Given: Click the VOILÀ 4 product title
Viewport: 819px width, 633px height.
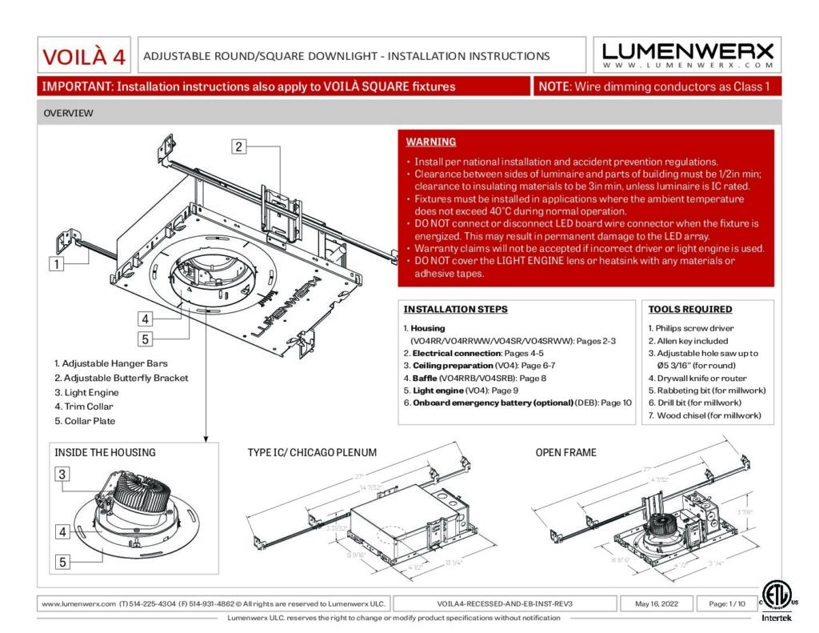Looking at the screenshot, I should [84, 57].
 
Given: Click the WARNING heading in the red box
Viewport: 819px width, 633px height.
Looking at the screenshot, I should [431, 142].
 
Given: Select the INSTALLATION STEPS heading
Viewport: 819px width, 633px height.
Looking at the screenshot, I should [455, 309].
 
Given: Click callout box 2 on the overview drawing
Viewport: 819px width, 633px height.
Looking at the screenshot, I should [238, 146].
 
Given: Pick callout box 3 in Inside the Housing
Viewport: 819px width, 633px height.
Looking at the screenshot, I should [62, 474].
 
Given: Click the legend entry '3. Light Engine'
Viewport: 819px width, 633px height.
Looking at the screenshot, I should [86, 392].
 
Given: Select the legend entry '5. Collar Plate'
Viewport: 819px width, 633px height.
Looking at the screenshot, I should [86, 421].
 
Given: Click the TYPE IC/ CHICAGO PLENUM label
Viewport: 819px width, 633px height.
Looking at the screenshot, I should [312, 452].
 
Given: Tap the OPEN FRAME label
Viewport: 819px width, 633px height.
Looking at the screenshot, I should [565, 452].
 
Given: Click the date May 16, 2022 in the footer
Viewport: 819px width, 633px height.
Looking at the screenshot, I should [656, 603].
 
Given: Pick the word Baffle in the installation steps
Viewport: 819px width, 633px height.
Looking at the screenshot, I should [425, 378].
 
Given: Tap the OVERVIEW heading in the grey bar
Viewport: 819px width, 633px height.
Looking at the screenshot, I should [68, 114].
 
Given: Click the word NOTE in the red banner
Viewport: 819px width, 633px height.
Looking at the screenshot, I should [553, 86].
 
